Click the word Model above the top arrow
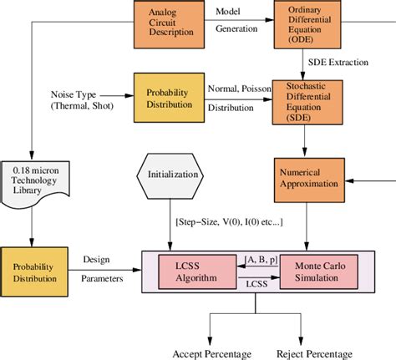click(229, 12)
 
